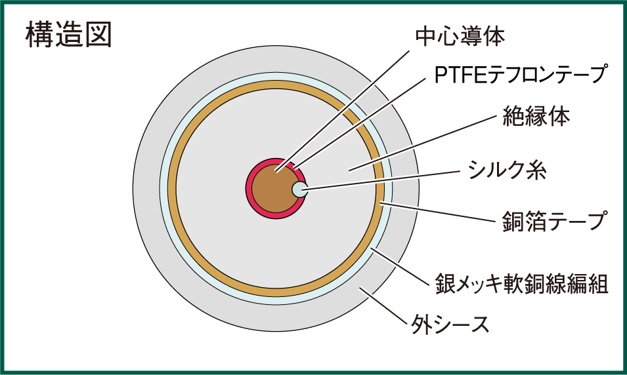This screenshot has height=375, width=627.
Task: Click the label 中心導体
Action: [460, 37]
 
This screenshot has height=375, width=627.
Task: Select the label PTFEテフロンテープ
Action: [519, 75]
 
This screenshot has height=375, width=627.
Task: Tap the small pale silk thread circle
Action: [299, 190]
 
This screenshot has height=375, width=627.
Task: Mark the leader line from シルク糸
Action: [381, 181]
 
